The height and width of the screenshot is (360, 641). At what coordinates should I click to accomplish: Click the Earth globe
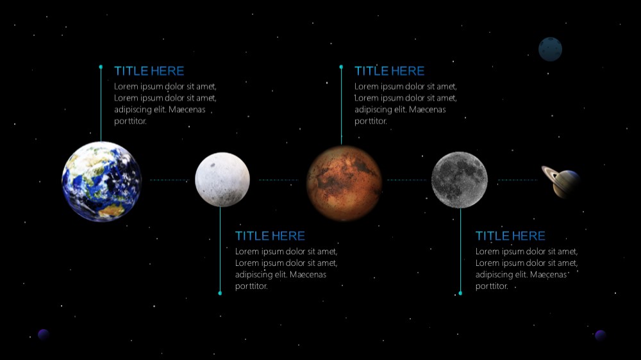[101, 181]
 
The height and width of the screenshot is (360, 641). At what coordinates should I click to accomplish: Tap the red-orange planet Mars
[344, 183]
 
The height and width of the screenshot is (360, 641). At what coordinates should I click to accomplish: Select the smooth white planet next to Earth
[222, 179]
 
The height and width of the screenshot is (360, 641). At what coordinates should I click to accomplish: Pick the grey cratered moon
[460, 180]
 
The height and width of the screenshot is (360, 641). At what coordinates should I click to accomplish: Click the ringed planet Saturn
[561, 181]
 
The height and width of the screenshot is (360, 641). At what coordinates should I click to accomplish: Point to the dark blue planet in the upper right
[550, 49]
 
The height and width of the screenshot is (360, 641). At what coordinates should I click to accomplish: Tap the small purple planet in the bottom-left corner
[44, 334]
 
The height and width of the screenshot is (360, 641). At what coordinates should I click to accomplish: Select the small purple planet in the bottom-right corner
[600, 336]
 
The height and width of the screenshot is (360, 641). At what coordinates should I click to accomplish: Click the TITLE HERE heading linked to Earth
[149, 71]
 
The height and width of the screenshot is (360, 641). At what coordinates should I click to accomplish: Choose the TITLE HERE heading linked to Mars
[390, 71]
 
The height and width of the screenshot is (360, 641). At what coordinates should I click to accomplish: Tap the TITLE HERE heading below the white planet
[271, 236]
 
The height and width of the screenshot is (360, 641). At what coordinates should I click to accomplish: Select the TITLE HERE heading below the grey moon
[511, 236]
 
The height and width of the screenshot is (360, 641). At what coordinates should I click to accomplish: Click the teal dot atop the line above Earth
[101, 67]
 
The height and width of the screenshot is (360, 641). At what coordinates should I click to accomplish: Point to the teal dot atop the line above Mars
[341, 67]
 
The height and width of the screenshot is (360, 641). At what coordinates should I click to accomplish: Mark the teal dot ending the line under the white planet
[220, 293]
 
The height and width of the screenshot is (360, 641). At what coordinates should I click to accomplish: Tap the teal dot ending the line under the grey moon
[460, 293]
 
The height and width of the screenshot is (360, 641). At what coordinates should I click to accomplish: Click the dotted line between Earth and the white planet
[170, 180]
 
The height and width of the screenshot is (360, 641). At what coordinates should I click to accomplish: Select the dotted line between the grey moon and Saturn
[517, 180]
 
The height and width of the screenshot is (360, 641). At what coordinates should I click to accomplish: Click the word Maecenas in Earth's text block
[187, 110]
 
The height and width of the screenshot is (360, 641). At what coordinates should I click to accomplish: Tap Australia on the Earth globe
[111, 211]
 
